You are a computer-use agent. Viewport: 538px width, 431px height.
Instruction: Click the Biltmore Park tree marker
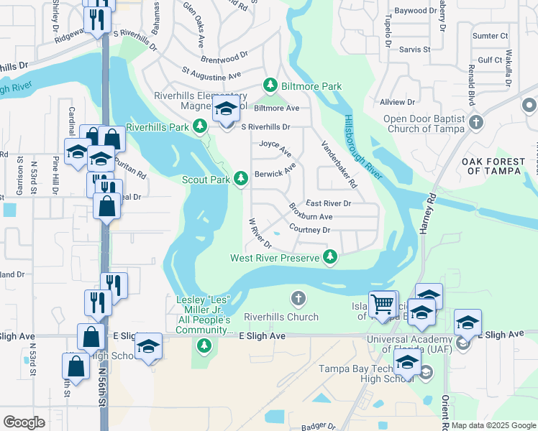point(270,86)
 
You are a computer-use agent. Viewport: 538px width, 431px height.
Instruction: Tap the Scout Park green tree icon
point(242,177)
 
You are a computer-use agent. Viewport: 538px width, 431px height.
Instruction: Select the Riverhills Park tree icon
point(201,127)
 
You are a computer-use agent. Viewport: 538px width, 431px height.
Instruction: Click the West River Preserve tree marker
point(330,256)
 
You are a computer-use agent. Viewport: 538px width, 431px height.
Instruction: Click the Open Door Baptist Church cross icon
point(475,122)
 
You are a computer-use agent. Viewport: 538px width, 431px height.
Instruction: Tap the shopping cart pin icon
point(382,303)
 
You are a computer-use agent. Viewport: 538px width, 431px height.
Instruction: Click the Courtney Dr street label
point(309,230)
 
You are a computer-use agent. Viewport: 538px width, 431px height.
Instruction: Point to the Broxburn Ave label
point(311,213)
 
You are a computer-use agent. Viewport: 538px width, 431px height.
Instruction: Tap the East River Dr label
point(328,203)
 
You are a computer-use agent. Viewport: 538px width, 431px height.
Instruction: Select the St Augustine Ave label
point(211,73)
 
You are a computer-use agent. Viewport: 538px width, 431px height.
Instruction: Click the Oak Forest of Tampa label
point(492,166)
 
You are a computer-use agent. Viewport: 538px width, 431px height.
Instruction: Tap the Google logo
point(24,422)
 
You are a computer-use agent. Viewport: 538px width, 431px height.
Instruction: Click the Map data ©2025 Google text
point(493,425)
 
